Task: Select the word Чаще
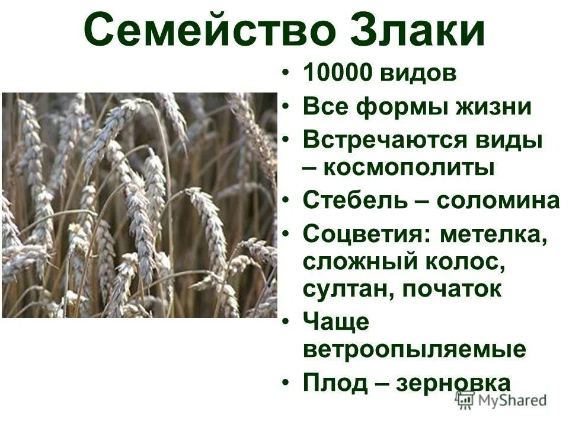tap(336, 323)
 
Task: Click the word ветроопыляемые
tap(414, 349)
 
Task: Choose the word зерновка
tap(454, 383)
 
